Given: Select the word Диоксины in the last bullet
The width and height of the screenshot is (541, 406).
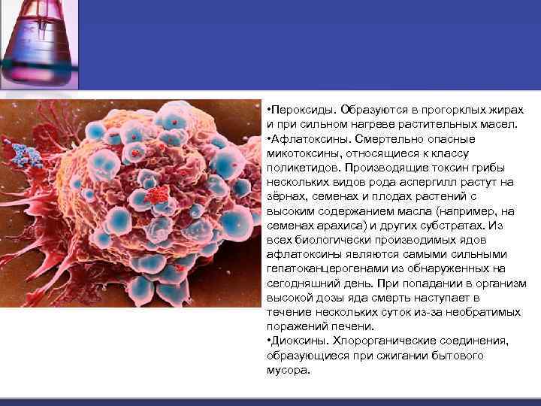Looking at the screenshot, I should [x=298, y=341].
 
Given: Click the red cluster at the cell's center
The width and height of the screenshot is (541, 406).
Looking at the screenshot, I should [x=158, y=195].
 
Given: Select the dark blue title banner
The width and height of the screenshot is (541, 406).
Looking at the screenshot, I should [x=301, y=45].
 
